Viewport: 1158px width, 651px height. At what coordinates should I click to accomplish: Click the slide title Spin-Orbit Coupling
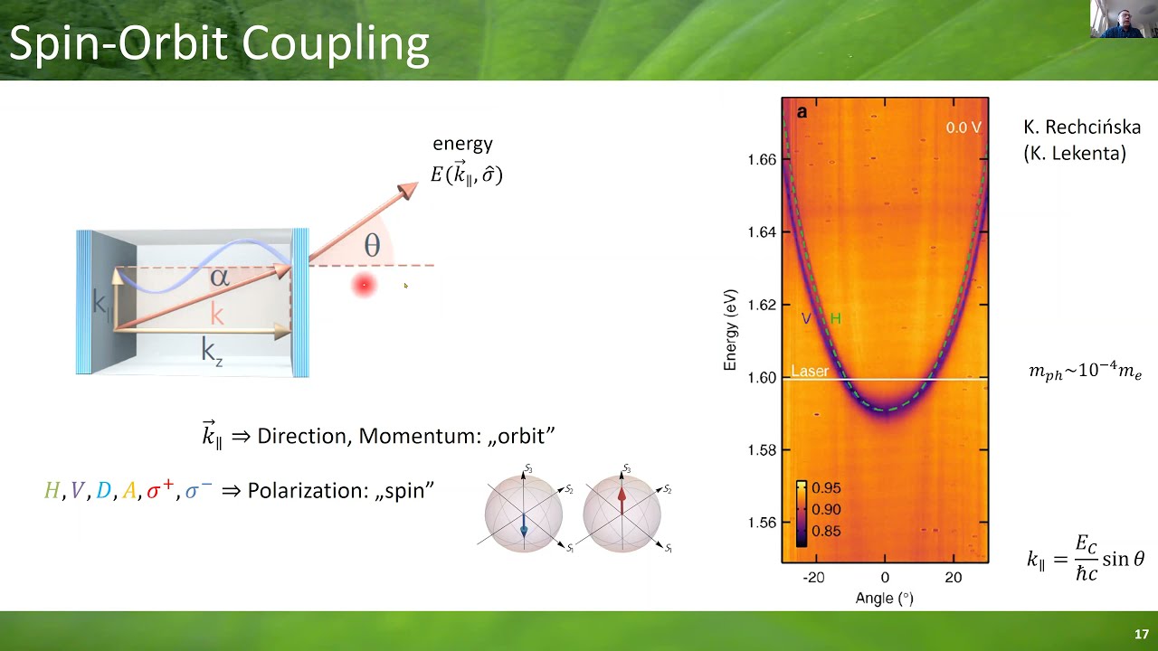[x=218, y=44]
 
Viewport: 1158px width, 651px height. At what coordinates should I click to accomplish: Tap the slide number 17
[x=1141, y=634]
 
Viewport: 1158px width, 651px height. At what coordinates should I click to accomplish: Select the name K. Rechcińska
[x=1081, y=127]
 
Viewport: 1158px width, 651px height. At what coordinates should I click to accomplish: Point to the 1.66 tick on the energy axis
[x=762, y=160]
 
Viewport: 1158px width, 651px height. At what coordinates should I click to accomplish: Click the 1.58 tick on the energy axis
[x=762, y=450]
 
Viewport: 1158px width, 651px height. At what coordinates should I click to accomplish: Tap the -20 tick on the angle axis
[x=814, y=578]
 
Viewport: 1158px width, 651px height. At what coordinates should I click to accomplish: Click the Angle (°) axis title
[x=884, y=598]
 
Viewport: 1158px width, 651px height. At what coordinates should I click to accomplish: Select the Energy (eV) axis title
[x=730, y=330]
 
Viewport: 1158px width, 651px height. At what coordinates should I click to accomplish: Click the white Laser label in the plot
[x=809, y=371]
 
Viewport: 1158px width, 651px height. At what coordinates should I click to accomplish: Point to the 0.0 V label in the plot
[x=963, y=127]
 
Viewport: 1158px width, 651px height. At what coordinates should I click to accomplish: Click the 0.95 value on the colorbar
[x=826, y=488]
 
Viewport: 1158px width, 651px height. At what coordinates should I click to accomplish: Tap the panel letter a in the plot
[x=801, y=113]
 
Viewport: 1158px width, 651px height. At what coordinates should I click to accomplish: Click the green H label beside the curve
[x=835, y=318]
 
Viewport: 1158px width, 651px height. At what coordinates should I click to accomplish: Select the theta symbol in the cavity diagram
[x=372, y=245]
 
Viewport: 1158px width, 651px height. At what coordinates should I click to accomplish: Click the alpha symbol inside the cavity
[x=219, y=277]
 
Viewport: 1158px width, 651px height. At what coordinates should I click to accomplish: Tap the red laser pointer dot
[x=364, y=286]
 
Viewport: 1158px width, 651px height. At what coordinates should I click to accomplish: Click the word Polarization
[x=313, y=490]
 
